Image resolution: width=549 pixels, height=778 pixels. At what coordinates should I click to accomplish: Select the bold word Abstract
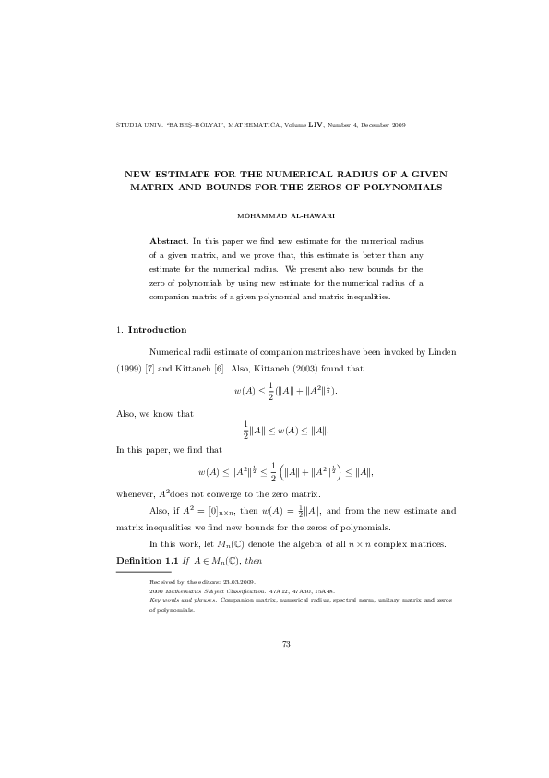(168, 240)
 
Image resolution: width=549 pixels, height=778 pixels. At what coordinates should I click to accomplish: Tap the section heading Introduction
(157, 330)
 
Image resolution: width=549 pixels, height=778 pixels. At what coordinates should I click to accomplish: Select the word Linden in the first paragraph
(437, 353)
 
